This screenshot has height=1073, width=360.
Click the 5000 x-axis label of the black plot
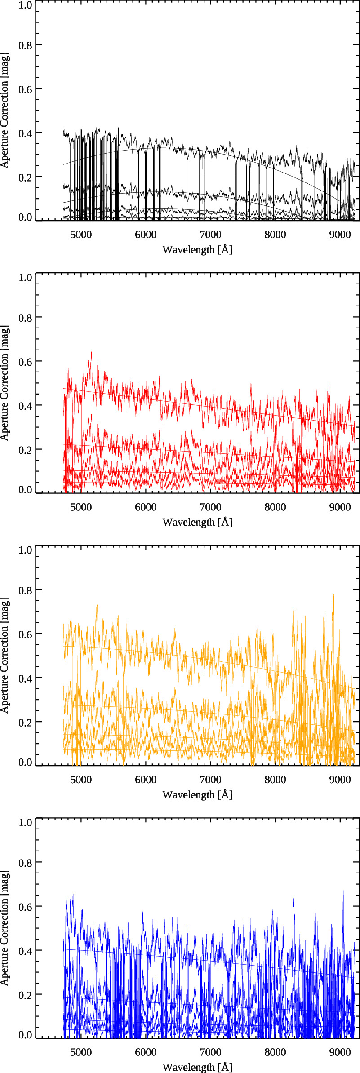[81, 235]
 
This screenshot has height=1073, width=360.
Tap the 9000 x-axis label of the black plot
[340, 235]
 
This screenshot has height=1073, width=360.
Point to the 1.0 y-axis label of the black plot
[25, 5]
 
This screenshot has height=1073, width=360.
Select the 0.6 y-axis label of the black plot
[25, 89]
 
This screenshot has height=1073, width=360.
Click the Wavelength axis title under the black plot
[197, 249]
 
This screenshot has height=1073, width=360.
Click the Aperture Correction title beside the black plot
[5, 110]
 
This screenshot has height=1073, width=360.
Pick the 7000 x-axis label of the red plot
[210, 507]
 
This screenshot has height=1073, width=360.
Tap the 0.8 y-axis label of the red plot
[25, 317]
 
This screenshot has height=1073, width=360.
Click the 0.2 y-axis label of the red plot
[25, 449]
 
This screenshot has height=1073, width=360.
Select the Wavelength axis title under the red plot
[197, 522]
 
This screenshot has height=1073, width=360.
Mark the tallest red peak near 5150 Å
[92, 353]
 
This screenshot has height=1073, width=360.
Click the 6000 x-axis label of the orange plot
[146, 780]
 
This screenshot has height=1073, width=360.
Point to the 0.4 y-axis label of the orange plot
[25, 678]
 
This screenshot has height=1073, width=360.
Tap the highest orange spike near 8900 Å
[333, 595]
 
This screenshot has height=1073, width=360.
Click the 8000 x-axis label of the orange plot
[275, 780]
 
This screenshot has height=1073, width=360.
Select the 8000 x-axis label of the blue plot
[275, 1052]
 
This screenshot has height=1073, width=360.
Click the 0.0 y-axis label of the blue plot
[25, 1034]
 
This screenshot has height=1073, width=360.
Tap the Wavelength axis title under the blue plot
[197, 1067]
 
